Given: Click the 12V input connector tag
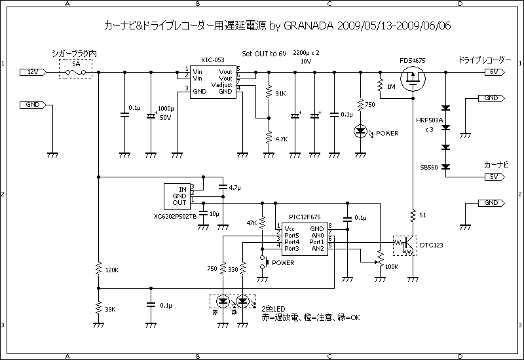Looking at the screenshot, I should click(33, 71).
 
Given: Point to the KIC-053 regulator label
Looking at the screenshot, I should click(209, 59).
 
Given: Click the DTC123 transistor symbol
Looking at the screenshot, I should click(405, 245).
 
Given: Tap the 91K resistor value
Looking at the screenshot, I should click(280, 94).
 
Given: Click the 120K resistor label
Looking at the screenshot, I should click(112, 270).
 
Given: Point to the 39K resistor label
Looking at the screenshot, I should click(110, 309).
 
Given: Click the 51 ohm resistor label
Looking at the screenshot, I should click(422, 215).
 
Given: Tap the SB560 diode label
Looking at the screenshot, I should click(429, 166).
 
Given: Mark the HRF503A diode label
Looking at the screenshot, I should click(429, 121).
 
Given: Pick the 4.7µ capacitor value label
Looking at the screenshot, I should click(235, 188).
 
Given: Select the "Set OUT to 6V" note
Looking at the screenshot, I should click(265, 52).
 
